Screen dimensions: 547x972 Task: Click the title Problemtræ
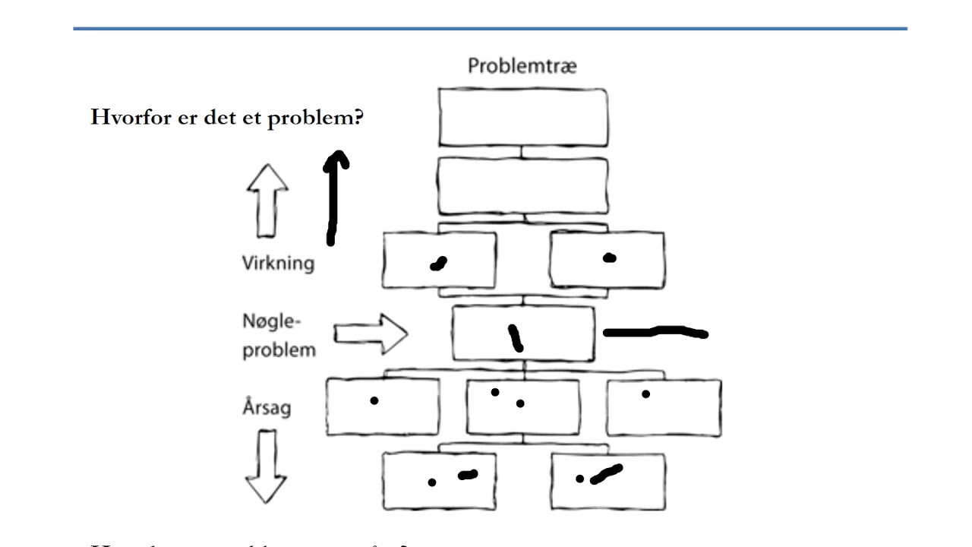pos(522,66)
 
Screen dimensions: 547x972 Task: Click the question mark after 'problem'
pos(358,119)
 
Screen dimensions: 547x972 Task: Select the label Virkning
pos(278,264)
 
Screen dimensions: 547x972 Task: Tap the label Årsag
pos(267,407)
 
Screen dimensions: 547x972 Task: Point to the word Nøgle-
pos(272,321)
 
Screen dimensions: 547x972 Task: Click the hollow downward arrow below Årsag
pos(266,466)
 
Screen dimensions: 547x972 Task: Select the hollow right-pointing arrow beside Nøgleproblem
pos(371,334)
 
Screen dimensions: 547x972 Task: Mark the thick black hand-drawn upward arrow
pos(333,198)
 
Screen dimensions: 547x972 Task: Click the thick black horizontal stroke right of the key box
pos(655,332)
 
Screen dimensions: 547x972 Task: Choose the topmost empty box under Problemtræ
pos(522,117)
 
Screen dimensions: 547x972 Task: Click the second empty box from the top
pos(522,185)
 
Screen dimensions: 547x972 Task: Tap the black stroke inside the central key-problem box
pos(516,338)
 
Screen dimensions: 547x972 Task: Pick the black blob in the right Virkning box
pos(609,258)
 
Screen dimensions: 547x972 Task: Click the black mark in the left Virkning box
pos(438,264)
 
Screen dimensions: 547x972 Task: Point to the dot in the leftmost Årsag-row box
pos(374,400)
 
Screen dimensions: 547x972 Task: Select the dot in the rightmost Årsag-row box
pos(645,394)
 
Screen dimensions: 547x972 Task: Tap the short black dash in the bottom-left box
pos(468,475)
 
